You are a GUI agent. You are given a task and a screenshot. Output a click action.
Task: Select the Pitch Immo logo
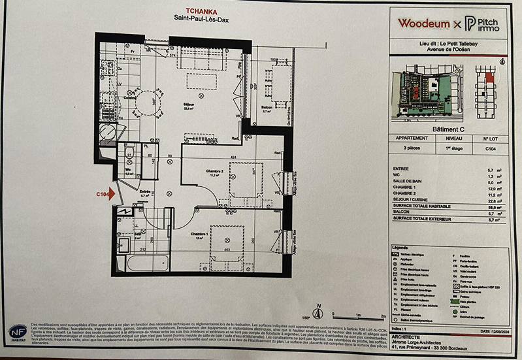pos(482,24)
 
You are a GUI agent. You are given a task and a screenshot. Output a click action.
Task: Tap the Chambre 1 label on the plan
pos(200,234)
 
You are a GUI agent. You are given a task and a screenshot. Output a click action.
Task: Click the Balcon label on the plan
pos(267,108)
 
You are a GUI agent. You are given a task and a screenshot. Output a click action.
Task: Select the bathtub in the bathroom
pos(147,263)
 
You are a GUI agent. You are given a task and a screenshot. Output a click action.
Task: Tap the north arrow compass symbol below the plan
pos(319,312)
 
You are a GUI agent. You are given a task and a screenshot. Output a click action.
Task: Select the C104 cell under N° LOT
pos(490,148)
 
